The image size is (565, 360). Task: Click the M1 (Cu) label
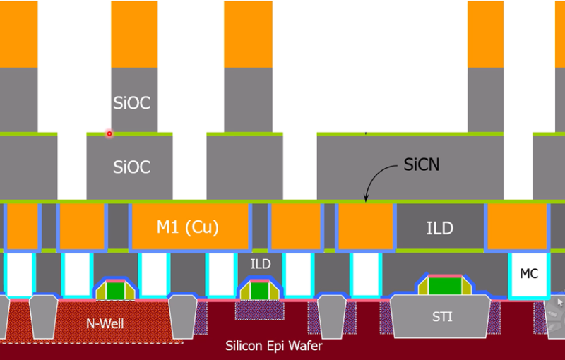pyautogui.click(x=188, y=227)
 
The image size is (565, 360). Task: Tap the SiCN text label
pyautogui.click(x=421, y=164)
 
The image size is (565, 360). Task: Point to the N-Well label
pyautogui.click(x=105, y=323)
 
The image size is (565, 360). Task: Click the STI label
pyautogui.click(x=442, y=317)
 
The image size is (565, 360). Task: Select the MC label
pyautogui.click(x=529, y=274)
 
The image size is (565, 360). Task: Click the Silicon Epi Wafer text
pyautogui.click(x=274, y=346)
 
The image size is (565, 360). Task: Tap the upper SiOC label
pyautogui.click(x=131, y=103)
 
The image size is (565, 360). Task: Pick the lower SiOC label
pyautogui.click(x=131, y=167)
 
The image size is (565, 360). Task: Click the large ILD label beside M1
pyautogui.click(x=439, y=228)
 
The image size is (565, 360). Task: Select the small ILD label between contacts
pyautogui.click(x=261, y=264)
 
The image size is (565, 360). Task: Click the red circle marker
pyautogui.click(x=109, y=133)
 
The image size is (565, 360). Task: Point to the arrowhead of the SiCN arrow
pyautogui.click(x=366, y=199)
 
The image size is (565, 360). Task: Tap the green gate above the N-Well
pyautogui.click(x=116, y=290)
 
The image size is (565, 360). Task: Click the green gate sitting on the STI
pyautogui.click(x=445, y=285)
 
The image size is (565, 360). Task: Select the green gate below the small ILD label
pyautogui.click(x=259, y=291)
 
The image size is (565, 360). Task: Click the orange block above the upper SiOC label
pyautogui.click(x=134, y=34)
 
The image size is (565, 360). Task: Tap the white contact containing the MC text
pyautogui.click(x=529, y=275)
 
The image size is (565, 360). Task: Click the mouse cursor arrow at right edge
pyautogui.click(x=559, y=302)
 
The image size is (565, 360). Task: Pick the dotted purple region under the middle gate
pyautogui.click(x=259, y=311)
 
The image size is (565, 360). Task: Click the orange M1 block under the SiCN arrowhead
pyautogui.click(x=366, y=226)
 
